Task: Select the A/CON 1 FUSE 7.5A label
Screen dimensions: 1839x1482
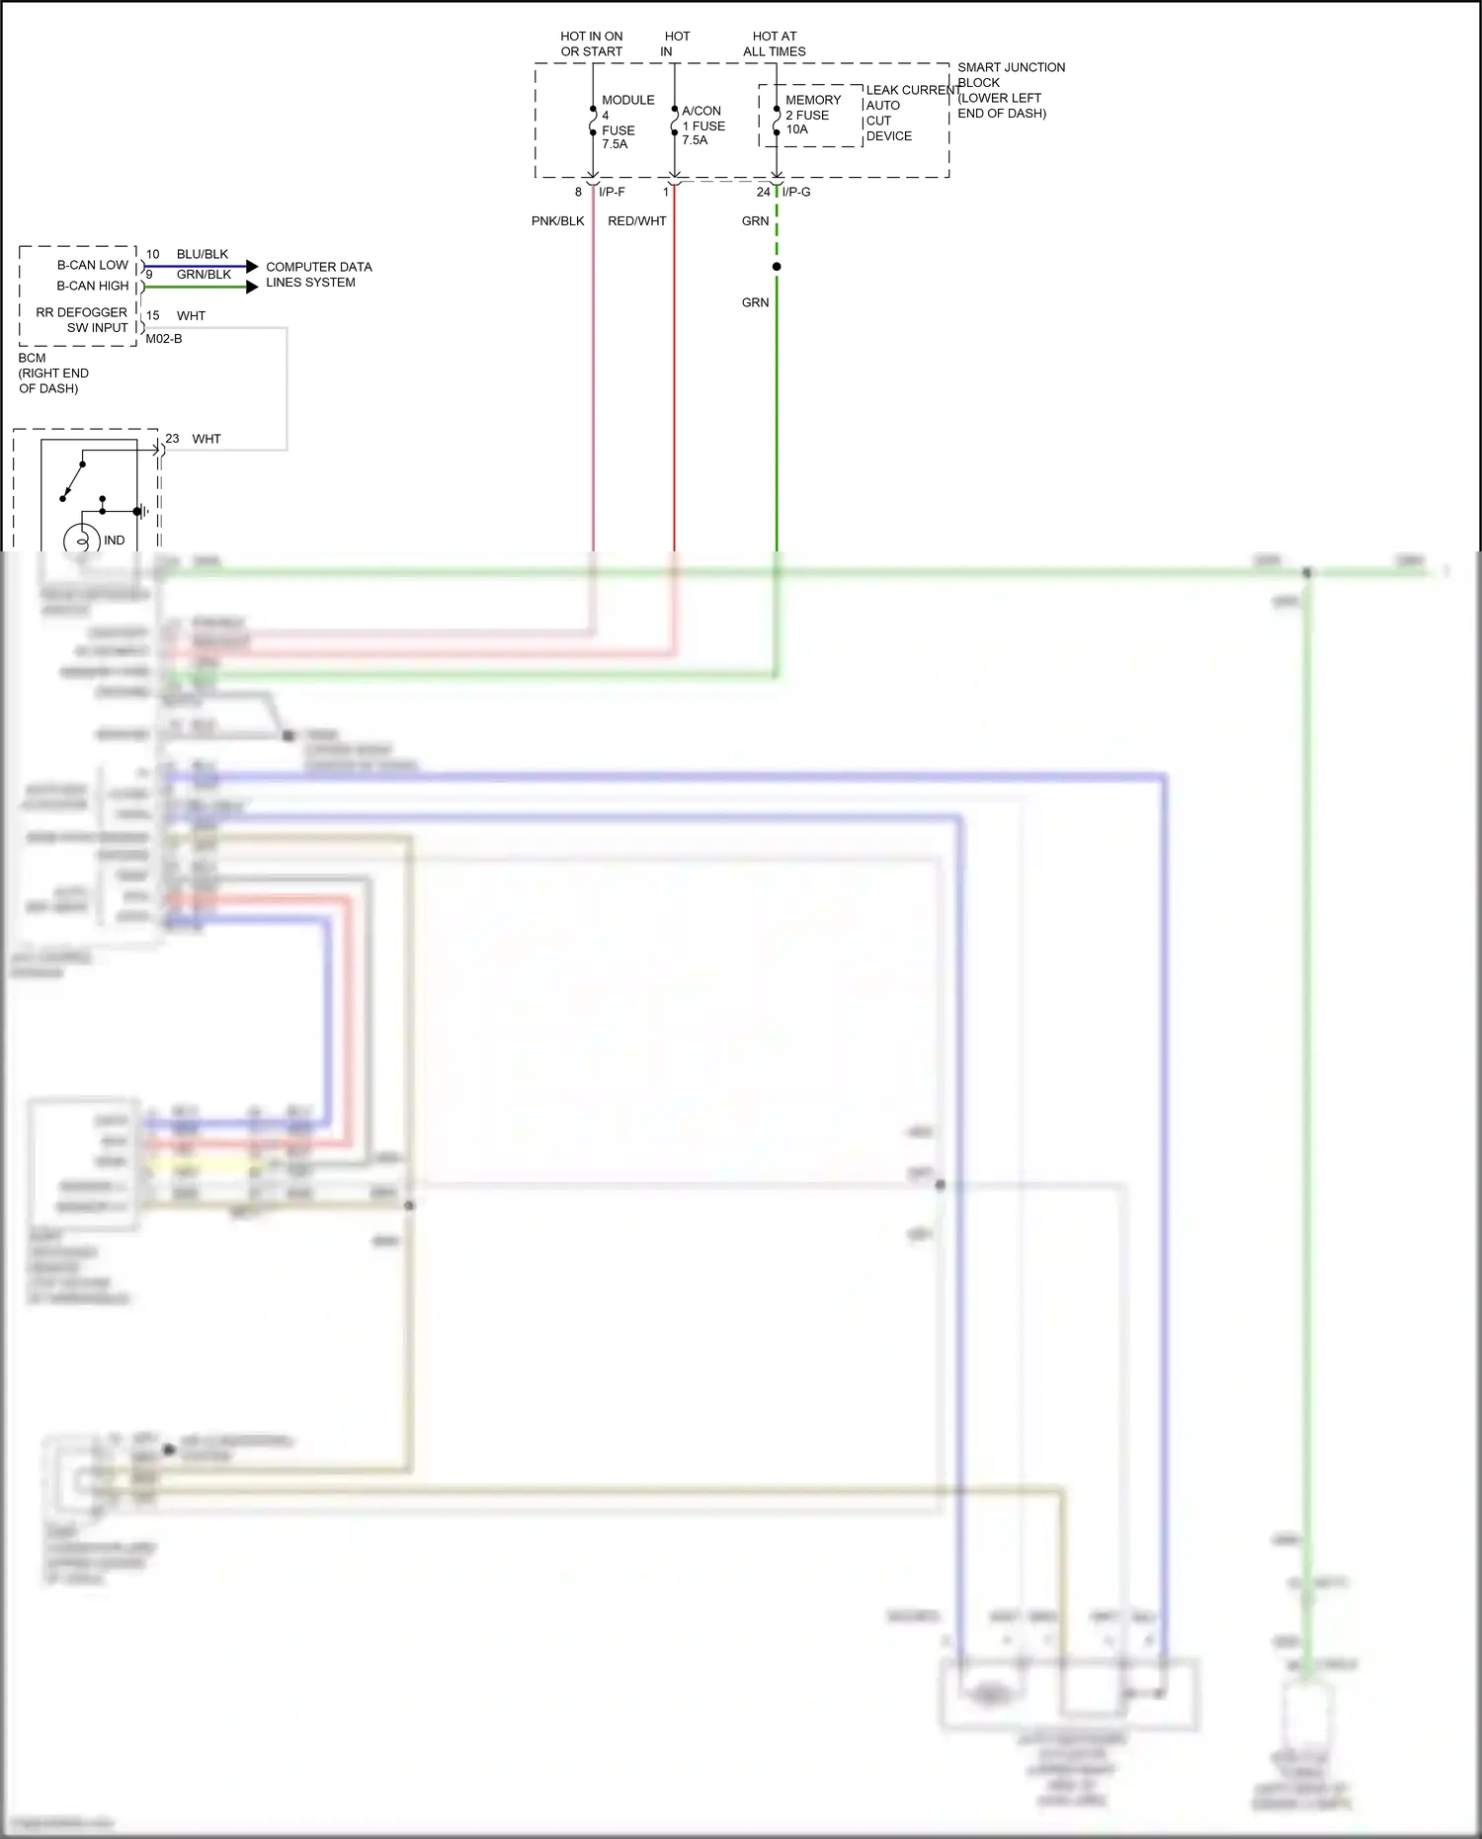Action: point(702,125)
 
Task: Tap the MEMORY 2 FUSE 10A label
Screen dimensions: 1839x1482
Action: point(812,115)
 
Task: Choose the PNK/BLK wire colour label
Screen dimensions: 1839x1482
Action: point(557,221)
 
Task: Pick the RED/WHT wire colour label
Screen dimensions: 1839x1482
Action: point(636,221)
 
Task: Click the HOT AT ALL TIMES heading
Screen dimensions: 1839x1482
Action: point(775,43)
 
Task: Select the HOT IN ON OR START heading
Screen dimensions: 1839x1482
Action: point(592,43)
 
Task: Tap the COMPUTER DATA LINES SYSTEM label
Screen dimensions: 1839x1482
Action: point(318,275)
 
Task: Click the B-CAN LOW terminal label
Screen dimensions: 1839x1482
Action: point(93,265)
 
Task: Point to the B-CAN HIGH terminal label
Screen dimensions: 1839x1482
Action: point(93,286)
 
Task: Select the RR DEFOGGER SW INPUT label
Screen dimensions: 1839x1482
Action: point(83,320)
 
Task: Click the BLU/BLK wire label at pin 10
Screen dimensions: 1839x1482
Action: point(203,254)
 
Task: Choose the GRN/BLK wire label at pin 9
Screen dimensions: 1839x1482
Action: point(204,275)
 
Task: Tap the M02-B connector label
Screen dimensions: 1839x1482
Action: point(164,339)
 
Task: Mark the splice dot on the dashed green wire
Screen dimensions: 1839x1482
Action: point(777,267)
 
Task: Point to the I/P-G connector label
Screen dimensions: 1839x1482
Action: point(796,192)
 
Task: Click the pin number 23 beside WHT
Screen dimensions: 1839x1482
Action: point(172,439)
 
